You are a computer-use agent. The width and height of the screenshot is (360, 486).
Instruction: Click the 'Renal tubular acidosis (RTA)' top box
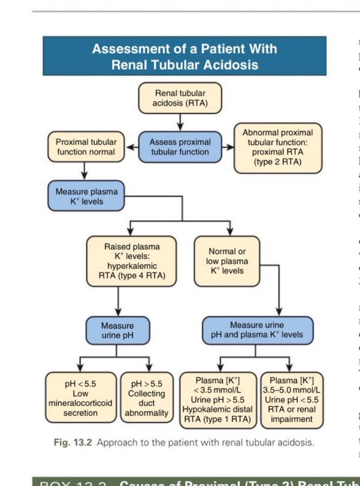coord(180,98)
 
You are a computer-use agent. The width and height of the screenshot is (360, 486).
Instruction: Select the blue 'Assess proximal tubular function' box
coord(180,147)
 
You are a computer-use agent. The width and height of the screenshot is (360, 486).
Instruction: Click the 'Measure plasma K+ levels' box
coord(86,196)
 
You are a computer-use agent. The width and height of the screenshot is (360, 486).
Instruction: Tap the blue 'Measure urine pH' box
coord(117,330)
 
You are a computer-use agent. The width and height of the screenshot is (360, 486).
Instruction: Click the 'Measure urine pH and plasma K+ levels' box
coord(257,330)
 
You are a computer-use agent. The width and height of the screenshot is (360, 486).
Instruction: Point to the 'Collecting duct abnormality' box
coord(147,398)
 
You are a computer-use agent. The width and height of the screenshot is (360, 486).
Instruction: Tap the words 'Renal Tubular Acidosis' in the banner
coord(185,65)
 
